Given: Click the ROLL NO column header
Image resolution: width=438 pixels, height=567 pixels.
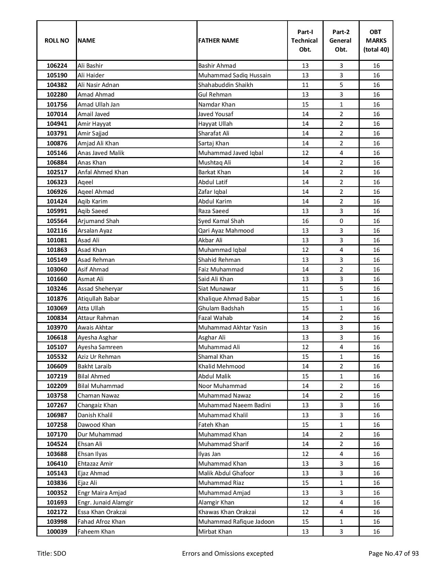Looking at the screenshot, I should point(57,41).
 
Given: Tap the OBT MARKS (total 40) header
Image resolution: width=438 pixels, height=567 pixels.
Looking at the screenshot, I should point(376,41).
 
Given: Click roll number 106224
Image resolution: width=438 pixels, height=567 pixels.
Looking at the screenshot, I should point(57,66).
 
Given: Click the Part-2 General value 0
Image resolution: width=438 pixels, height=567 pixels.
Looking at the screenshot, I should point(341,221).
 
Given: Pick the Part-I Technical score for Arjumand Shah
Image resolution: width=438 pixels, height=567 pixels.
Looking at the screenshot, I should point(305,221).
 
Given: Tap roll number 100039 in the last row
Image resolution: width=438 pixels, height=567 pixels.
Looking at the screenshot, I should point(57,532).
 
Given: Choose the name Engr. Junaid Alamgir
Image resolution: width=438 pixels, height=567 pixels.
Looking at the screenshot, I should point(105,502).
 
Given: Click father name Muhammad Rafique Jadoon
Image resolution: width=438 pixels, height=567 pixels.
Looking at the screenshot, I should point(236,522).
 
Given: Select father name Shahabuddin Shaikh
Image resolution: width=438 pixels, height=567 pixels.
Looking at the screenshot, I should point(226,85).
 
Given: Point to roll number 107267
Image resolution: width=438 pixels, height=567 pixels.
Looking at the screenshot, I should point(57,405).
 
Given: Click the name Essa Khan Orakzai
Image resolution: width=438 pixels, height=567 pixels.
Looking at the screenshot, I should point(102,512).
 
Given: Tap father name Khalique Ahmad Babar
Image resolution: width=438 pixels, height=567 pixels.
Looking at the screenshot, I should point(229,299).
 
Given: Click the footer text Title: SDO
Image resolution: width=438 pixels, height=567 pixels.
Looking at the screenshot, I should point(52,554).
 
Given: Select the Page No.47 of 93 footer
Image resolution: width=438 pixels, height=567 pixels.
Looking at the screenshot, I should point(394,554).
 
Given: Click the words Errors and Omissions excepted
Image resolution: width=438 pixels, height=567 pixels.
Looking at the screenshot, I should point(228,554).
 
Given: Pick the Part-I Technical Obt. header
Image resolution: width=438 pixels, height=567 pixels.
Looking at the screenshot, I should point(305,41).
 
